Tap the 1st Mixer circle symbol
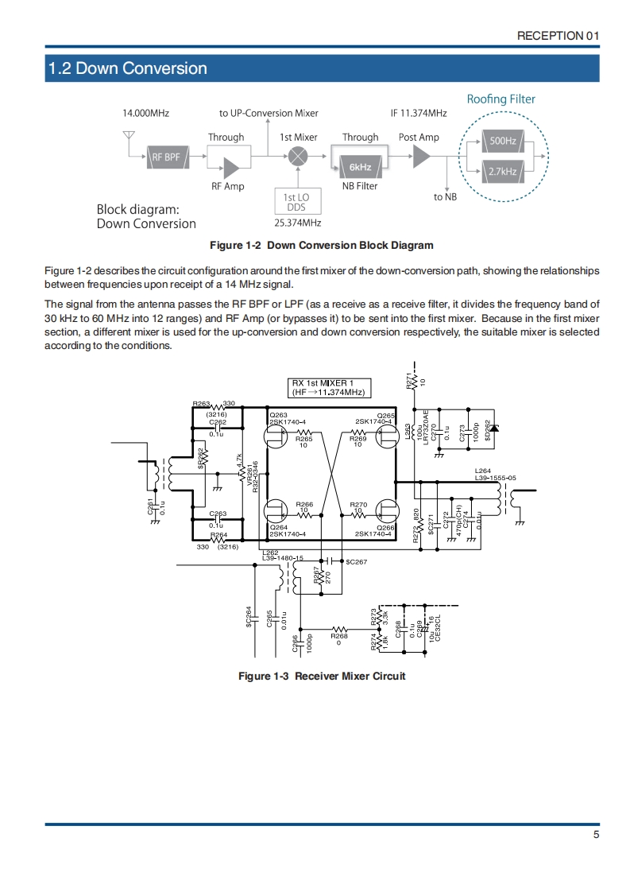pos(299,157)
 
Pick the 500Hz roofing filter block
pos(502,142)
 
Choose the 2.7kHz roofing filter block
pos(502,171)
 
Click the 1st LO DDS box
pos(296,201)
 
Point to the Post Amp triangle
pos(421,157)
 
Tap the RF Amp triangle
pos(232,168)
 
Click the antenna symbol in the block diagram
pos(128,139)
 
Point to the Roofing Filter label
pos(501,99)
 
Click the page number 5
pos(595,835)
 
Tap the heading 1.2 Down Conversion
pos(128,68)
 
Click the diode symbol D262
pos(493,429)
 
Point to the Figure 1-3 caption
pos(323,676)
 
